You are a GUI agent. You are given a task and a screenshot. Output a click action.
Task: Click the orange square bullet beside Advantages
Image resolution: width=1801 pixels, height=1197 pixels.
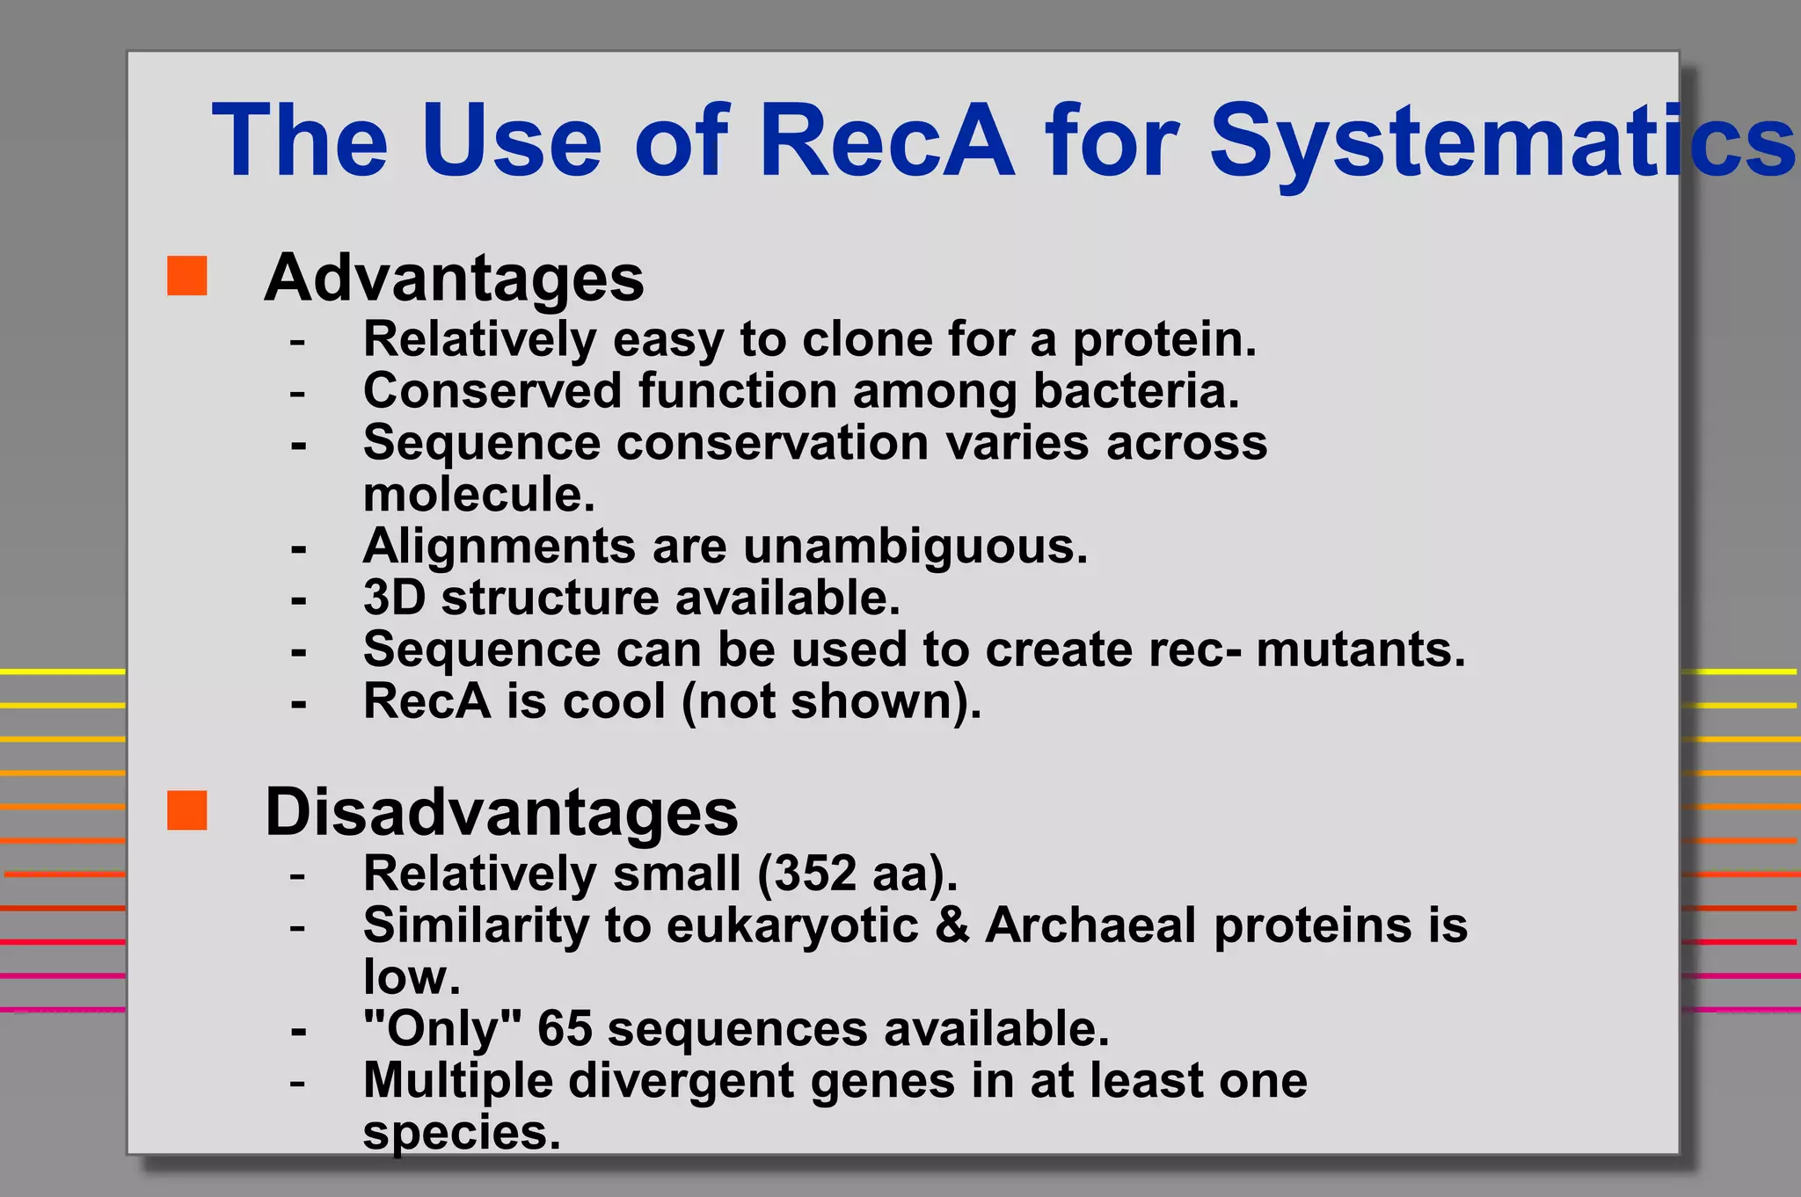[186, 276]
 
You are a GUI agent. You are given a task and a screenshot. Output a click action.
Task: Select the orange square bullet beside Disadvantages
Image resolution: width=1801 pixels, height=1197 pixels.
[186, 810]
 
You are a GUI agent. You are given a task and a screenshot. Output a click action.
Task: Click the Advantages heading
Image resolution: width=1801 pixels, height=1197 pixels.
[454, 278]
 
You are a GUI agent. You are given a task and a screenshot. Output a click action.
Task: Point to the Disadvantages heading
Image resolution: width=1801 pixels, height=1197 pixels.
[501, 812]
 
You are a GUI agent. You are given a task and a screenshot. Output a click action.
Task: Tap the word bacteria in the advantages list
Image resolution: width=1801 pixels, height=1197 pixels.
[1134, 391]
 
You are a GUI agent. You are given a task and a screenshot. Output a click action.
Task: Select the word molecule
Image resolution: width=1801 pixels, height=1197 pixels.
[478, 495]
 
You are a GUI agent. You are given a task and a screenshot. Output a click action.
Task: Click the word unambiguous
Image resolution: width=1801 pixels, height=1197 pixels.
[915, 547]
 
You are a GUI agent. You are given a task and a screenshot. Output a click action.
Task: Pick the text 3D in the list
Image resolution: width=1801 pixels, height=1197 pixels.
[394, 598]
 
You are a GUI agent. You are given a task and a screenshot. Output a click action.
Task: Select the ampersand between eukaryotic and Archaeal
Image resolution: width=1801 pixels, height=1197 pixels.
[952, 925]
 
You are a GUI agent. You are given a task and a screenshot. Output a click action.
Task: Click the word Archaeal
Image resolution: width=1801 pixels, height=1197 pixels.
[1090, 925]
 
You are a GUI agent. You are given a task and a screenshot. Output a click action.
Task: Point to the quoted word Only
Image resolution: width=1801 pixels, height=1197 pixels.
[442, 1028]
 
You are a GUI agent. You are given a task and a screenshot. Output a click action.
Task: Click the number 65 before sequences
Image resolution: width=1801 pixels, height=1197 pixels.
[565, 1028]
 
